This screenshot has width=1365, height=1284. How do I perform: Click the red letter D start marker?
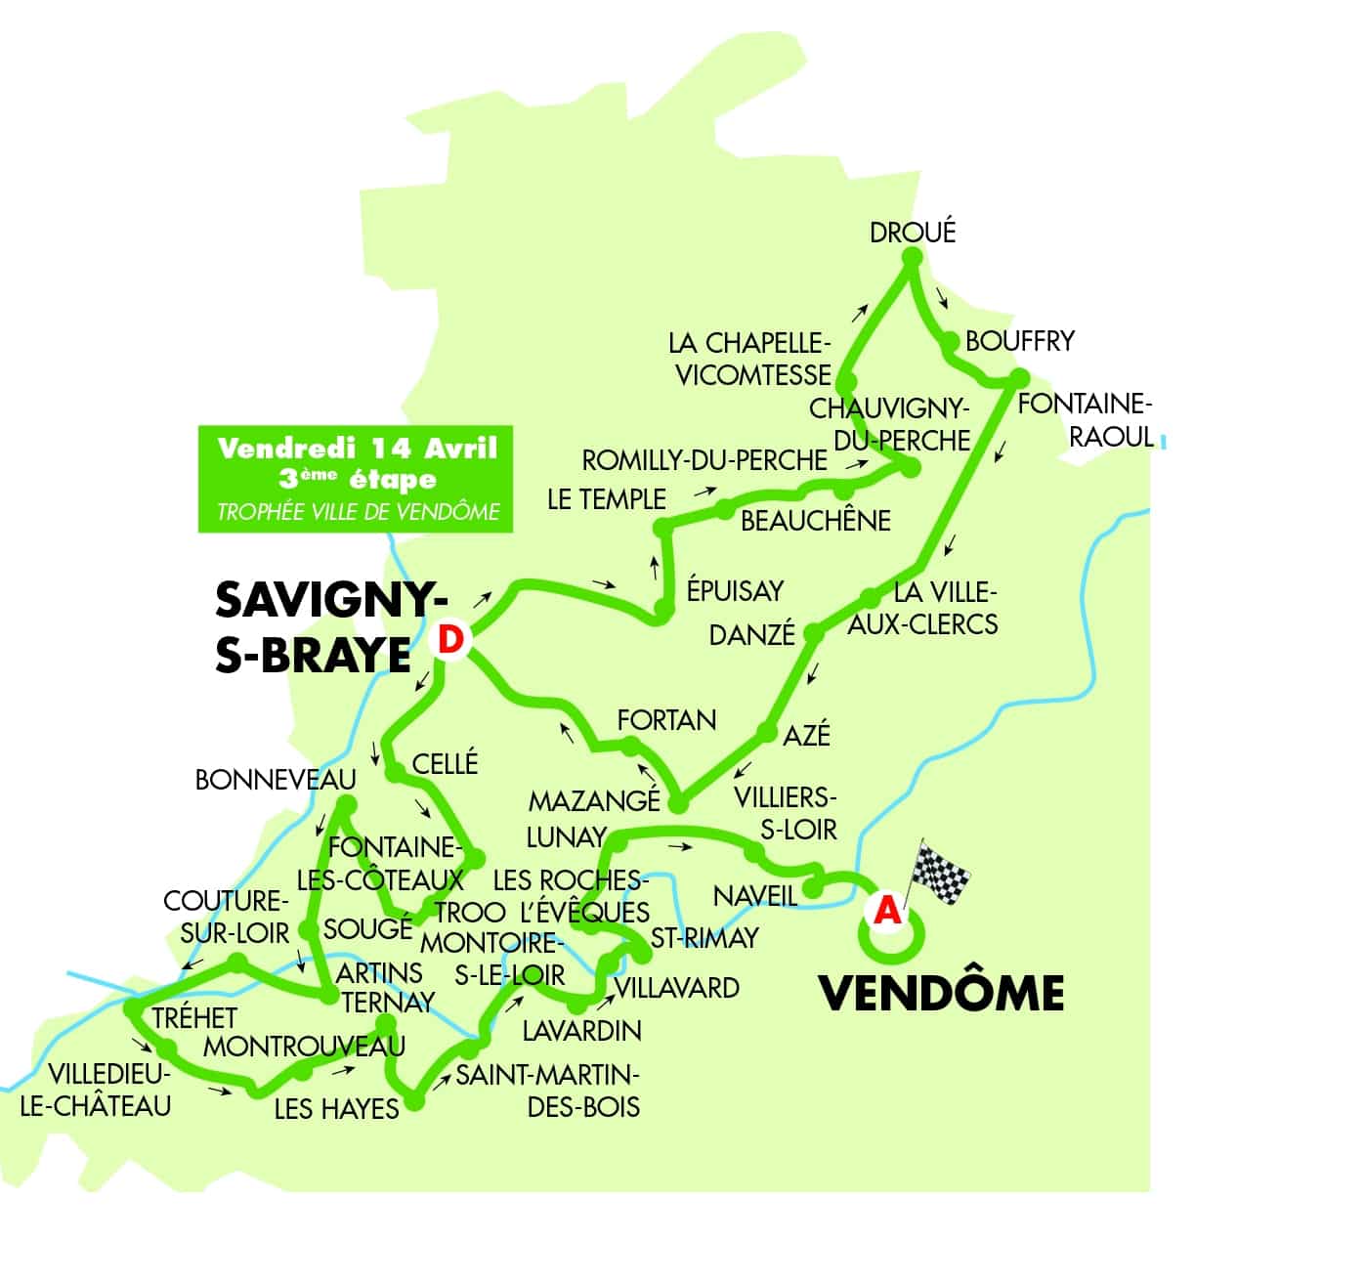point(449,639)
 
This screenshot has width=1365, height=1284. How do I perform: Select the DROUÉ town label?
point(912,233)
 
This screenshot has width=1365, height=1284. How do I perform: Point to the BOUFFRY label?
point(1019,341)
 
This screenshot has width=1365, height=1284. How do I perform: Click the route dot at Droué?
point(912,258)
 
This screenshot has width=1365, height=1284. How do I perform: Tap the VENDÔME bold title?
point(940,994)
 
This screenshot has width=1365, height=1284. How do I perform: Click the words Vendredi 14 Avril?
point(357,449)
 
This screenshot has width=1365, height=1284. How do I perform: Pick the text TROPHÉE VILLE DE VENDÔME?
point(358,512)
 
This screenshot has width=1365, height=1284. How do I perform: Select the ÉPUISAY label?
point(735,591)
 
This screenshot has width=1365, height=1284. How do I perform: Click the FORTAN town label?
point(666,720)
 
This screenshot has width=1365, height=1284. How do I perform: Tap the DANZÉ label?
point(751,635)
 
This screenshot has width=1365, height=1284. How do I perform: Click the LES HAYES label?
point(336,1109)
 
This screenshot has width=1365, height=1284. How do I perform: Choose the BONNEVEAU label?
point(276,780)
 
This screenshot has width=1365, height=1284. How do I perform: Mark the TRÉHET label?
point(194,1018)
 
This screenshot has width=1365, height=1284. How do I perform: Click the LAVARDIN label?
point(581,1030)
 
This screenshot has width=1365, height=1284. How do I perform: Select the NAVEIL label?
point(754,895)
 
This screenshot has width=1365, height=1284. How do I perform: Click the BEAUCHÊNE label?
point(815,521)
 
